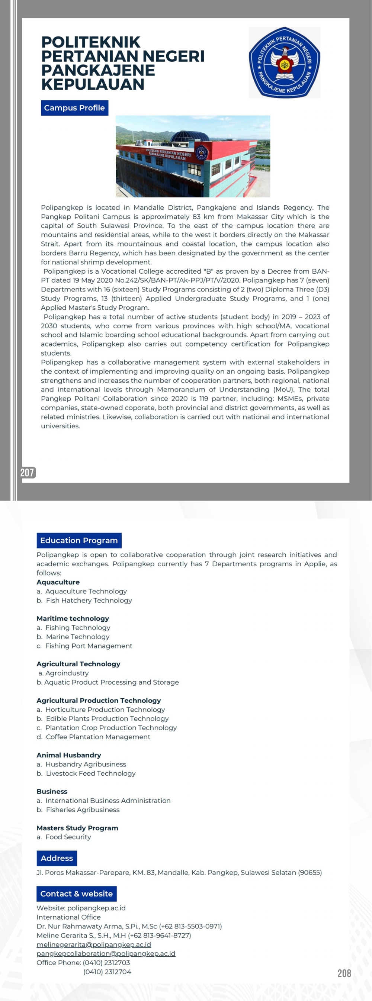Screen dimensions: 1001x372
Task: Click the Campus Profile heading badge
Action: (x=74, y=108)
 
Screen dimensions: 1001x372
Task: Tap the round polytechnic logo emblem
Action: (x=285, y=62)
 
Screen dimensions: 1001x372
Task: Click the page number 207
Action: (x=28, y=473)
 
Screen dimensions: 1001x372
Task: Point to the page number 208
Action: (x=344, y=973)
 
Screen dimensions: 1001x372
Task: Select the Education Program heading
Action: (x=79, y=541)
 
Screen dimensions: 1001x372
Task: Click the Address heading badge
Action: (x=57, y=858)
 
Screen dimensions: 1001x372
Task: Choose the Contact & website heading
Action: (x=77, y=894)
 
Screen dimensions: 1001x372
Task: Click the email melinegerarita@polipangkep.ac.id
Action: (x=94, y=944)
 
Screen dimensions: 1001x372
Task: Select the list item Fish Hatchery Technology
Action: (x=89, y=601)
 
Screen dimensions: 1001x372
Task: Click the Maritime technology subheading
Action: (x=73, y=618)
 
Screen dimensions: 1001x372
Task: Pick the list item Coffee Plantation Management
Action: (x=98, y=737)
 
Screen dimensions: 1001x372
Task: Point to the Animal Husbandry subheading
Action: (x=69, y=755)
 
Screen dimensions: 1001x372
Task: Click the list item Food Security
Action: (x=68, y=837)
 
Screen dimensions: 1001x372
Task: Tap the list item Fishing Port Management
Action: (x=89, y=646)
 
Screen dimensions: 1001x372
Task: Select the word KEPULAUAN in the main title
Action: (x=93, y=84)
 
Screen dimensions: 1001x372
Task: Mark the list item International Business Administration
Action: (x=108, y=801)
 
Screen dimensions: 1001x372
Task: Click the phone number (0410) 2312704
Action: (x=107, y=972)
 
